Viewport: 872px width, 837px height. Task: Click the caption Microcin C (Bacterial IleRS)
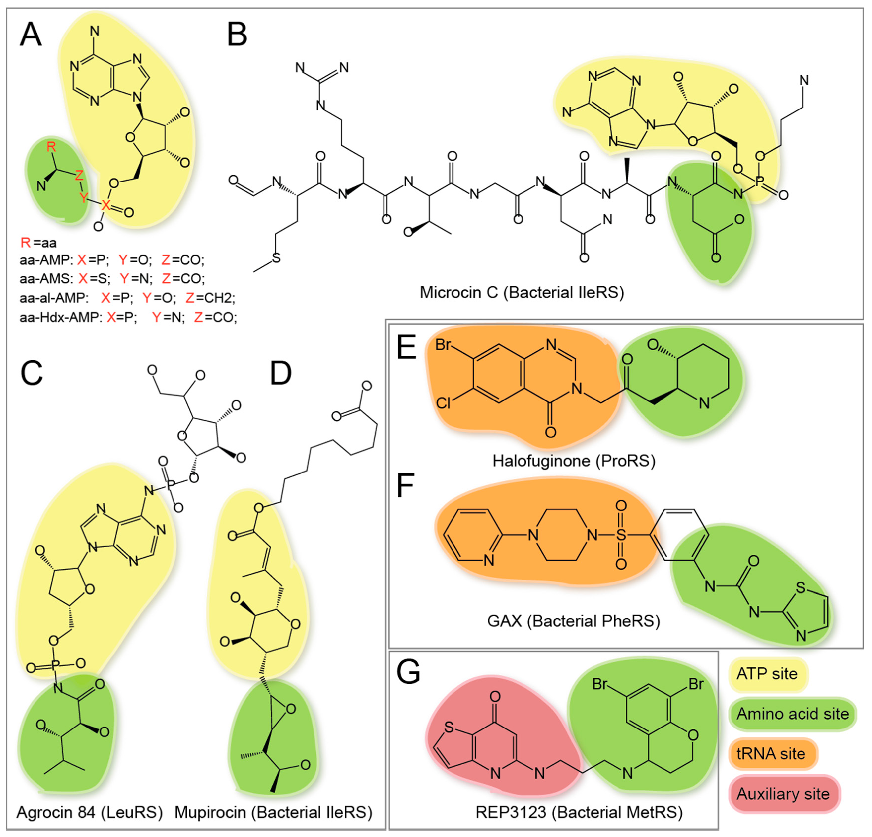click(522, 292)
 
